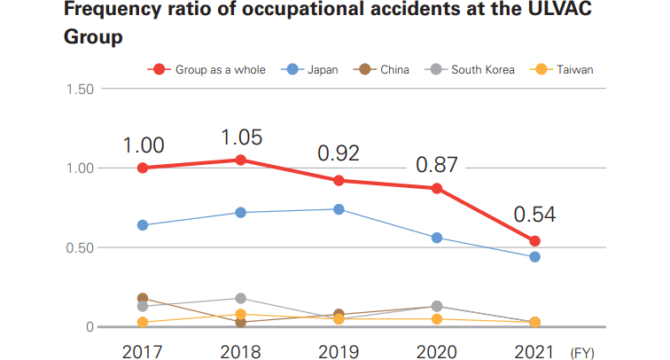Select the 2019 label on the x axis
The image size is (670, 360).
[x=339, y=351]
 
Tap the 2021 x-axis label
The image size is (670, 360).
[x=535, y=351]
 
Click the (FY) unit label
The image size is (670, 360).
[x=582, y=352]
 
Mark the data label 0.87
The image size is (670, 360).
[x=436, y=164]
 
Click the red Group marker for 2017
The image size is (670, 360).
[x=142, y=168]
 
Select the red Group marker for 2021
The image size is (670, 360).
[x=535, y=241]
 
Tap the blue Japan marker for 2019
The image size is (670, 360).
[x=339, y=209]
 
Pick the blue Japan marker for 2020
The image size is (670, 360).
[x=437, y=238]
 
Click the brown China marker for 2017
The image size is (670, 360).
[x=142, y=299]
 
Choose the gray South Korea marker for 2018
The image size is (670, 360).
[x=240, y=299]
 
